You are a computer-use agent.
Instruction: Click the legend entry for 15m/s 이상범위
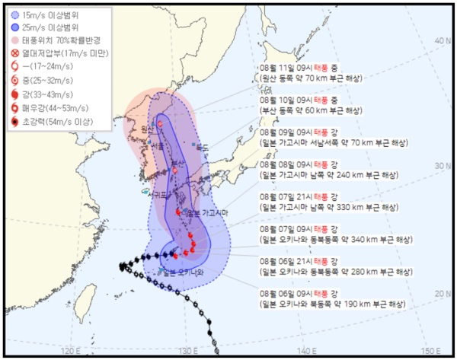click(x=46, y=14)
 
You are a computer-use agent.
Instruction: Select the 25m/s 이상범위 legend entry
click(x=46, y=27)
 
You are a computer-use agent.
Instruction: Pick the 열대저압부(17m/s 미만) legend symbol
click(x=14, y=53)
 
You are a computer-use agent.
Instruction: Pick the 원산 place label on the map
click(x=144, y=130)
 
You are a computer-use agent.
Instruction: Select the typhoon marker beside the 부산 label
click(x=174, y=170)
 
